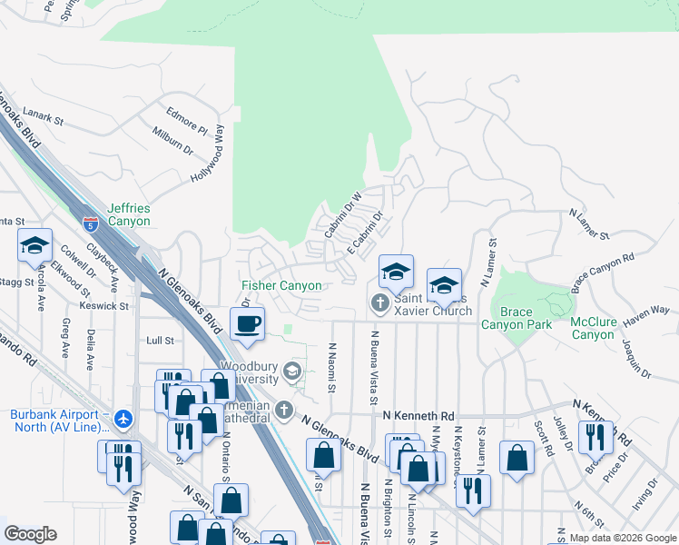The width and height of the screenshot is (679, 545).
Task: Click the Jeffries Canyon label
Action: click(129, 214)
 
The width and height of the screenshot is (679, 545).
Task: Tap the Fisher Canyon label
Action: click(281, 286)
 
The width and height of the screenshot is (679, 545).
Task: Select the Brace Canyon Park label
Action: click(517, 318)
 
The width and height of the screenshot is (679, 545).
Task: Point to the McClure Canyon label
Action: click(593, 328)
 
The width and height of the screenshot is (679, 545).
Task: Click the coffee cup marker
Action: click(247, 323)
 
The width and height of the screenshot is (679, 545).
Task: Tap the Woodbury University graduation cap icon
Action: click(292, 370)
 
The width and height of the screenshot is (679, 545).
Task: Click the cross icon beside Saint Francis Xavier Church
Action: click(379, 301)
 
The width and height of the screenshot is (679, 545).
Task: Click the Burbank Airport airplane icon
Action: click(123, 420)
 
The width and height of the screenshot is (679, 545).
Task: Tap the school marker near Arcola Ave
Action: click(34, 246)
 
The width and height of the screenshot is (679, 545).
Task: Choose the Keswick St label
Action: click(104, 306)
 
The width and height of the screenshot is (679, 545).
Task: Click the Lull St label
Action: click(160, 340)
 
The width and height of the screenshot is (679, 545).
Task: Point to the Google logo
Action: click(30, 534)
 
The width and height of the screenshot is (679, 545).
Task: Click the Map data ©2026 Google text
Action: click(622, 538)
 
